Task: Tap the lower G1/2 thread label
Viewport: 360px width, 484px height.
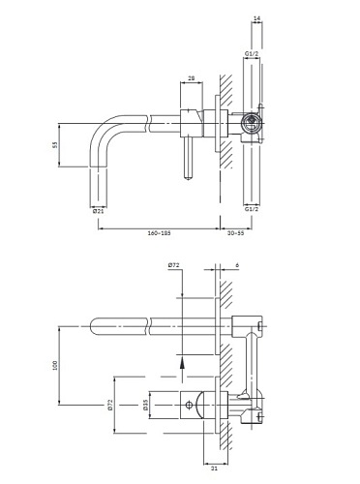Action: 251,207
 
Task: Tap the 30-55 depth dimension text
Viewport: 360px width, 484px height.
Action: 234,233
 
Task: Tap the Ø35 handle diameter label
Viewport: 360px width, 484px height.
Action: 145,405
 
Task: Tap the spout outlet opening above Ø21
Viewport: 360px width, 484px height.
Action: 101,197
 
